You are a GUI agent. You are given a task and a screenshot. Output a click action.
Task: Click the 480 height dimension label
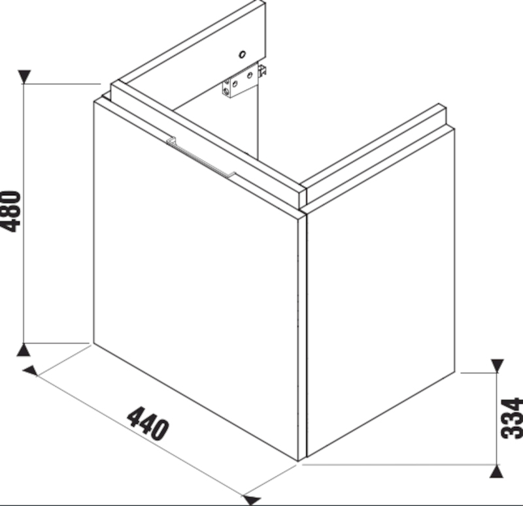pos(10,211)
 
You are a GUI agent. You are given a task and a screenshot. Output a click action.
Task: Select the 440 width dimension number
pos(148,423)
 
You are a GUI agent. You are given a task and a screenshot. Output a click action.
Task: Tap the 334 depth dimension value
pos(512,419)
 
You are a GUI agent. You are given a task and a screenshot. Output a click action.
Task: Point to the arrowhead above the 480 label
pos(24,76)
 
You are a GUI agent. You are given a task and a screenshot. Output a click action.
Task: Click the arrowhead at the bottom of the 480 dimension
pos(24,350)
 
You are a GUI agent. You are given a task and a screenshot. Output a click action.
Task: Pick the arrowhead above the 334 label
pos(497,366)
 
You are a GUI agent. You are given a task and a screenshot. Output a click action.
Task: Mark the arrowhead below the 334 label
pos(497,471)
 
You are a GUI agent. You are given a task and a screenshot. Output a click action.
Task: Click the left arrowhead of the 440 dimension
pos(31,371)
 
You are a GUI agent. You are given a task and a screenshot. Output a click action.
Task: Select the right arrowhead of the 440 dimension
pos(252,499)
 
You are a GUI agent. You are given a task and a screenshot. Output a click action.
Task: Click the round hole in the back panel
pos(243,54)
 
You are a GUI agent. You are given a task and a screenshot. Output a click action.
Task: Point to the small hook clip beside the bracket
pos(263,71)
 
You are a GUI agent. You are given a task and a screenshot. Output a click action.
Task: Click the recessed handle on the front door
pos(201,158)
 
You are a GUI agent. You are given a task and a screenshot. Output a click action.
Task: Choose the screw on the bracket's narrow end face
pos(226,91)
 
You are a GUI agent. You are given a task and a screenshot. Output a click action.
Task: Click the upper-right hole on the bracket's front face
pos(249,76)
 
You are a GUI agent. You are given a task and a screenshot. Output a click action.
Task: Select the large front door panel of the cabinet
pos(196,281)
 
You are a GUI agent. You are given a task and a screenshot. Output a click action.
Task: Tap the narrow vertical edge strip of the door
pos(303,336)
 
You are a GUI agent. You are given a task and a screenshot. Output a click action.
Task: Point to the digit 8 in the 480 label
pos(10,211)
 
